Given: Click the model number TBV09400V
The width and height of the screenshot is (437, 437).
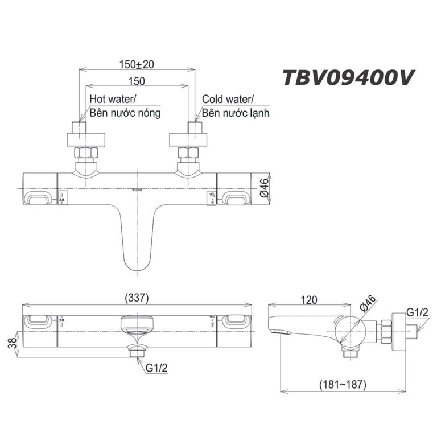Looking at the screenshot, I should tap(348, 79).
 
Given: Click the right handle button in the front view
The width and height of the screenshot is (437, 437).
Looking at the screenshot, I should tap(235, 197).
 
